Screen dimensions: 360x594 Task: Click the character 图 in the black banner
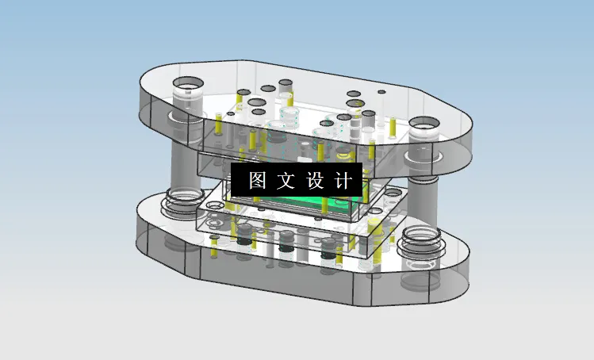[257, 180]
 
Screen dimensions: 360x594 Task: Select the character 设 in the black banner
[315, 180]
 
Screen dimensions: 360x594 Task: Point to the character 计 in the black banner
[343, 180]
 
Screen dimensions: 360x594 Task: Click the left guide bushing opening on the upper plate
[188, 85]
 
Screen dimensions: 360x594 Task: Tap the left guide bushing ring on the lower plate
[182, 200]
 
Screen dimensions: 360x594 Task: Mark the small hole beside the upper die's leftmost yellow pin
[231, 114]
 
